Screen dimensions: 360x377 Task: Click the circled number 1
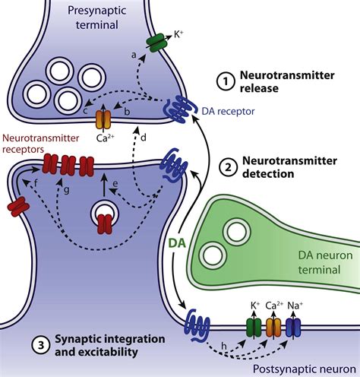[x=226, y=81]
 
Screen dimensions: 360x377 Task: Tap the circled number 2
[x=229, y=167]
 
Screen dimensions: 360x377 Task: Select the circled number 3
[x=41, y=345]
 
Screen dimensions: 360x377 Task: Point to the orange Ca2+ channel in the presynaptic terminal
[x=103, y=119]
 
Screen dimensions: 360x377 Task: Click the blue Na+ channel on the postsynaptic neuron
[x=293, y=328]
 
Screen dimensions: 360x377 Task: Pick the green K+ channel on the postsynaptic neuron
[x=254, y=328]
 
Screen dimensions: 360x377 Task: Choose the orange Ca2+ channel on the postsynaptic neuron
[x=273, y=328]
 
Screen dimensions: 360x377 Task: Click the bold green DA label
[x=177, y=243]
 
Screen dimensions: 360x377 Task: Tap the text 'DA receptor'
[x=228, y=111]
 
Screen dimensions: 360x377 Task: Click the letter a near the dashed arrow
[x=134, y=55]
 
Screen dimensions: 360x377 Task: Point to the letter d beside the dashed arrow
[x=144, y=138]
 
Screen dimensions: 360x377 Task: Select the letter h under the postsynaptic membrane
[x=224, y=346]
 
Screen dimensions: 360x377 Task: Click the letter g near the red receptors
[x=66, y=190]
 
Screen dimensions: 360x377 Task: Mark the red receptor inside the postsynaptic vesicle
[x=105, y=224]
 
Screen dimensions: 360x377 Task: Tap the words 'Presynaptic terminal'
[x=97, y=17]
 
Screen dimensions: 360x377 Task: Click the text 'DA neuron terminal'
[x=325, y=262]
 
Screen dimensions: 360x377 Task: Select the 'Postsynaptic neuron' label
[x=305, y=369]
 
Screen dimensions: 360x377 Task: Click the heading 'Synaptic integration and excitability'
[x=110, y=345]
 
